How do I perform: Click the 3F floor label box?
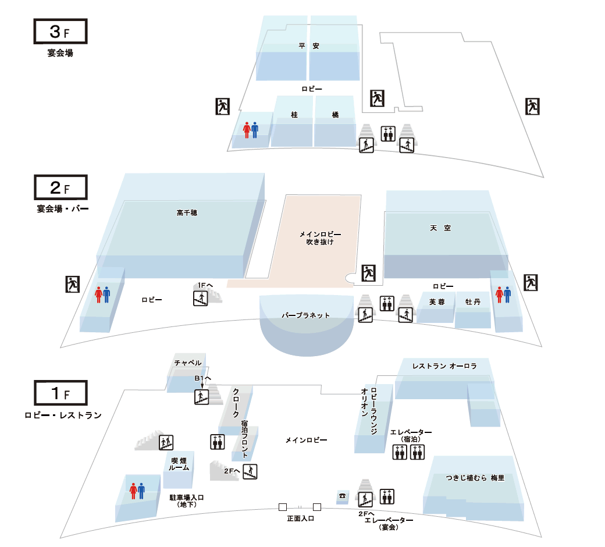click(x=60, y=31)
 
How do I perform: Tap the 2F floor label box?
click(x=61, y=187)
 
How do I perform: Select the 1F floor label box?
click(x=61, y=393)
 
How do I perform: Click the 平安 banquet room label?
click(x=309, y=46)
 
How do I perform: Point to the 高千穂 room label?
click(x=187, y=213)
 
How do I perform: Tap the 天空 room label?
click(x=440, y=228)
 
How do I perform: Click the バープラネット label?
click(x=305, y=315)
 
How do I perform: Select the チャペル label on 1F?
click(x=188, y=363)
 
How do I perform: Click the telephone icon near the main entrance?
click(x=342, y=496)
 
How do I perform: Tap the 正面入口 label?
click(x=301, y=518)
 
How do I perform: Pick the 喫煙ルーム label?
click(x=179, y=464)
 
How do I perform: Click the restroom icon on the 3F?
click(x=250, y=130)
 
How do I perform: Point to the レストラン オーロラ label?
click(x=444, y=366)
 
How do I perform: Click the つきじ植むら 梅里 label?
click(x=475, y=478)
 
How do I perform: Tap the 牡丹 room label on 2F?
click(x=472, y=302)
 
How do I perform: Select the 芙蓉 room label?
click(x=437, y=302)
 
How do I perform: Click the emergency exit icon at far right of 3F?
click(x=532, y=106)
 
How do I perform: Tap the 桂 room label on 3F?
click(x=294, y=115)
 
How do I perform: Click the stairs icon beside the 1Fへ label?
click(x=201, y=299)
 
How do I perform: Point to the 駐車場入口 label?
click(x=187, y=500)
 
